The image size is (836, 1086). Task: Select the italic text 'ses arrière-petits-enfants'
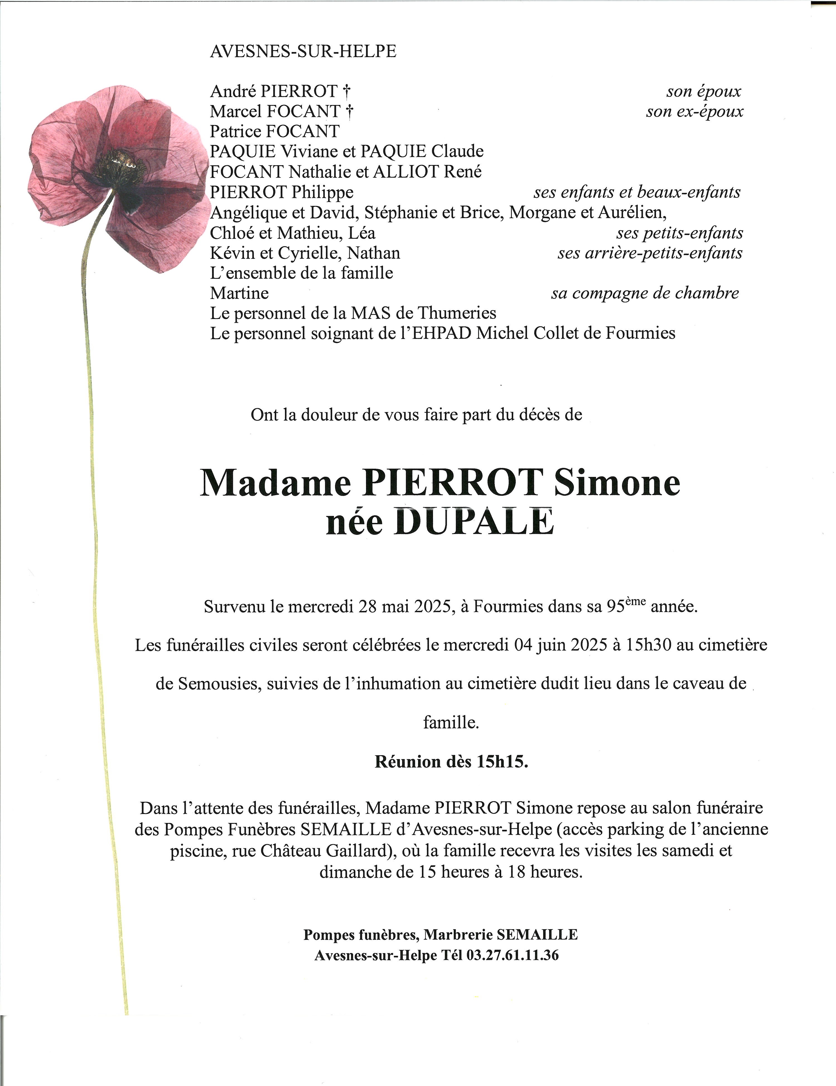coord(650,253)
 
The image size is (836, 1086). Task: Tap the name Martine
coord(239,293)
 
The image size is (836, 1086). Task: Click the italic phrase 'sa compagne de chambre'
coord(645,293)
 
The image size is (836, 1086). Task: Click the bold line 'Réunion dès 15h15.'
coord(451,762)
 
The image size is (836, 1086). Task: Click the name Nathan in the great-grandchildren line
coord(373,253)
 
